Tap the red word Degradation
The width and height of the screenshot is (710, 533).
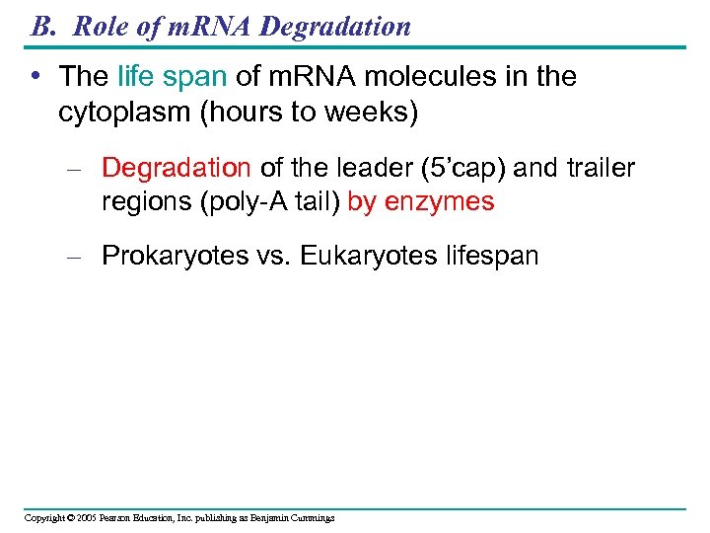177,169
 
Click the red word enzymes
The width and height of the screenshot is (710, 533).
440,202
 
